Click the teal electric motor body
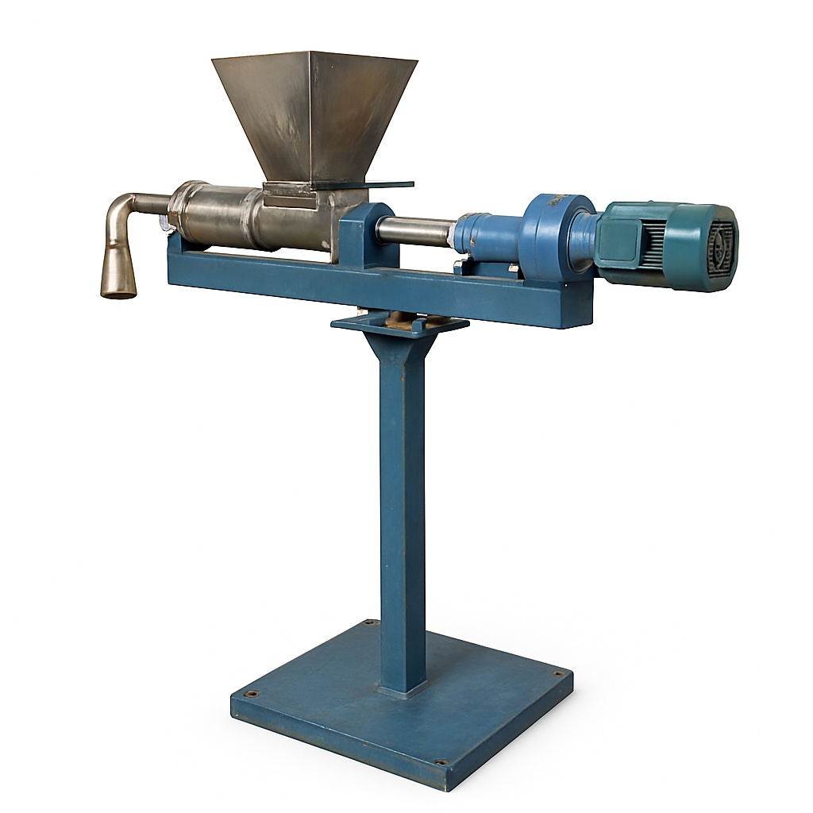click(x=659, y=242)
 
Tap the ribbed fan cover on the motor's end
click(x=719, y=246)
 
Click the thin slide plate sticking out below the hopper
click(x=389, y=186)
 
